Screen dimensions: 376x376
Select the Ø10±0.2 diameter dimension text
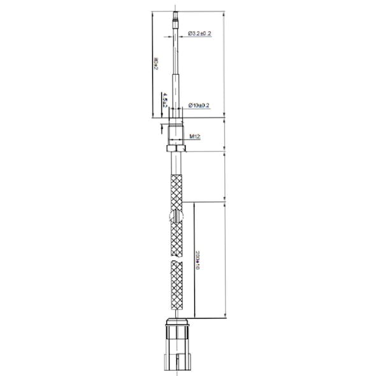(x=199, y=105)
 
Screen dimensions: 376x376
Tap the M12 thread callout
(x=196, y=136)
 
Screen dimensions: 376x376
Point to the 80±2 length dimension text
(x=156, y=64)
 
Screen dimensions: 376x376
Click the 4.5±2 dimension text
(x=164, y=100)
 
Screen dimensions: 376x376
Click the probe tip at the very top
(x=176, y=14)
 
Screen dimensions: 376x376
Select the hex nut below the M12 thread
(x=177, y=148)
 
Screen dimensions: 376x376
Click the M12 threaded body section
(x=177, y=132)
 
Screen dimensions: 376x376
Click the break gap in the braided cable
(x=177, y=256)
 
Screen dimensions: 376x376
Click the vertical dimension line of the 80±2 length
(x=152, y=64)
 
